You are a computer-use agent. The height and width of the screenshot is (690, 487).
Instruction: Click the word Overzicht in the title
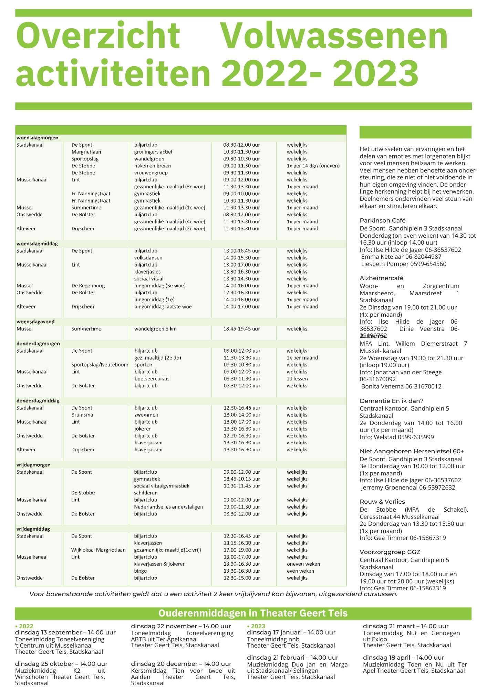click(x=97, y=36)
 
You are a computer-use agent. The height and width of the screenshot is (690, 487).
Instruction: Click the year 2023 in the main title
click(x=376, y=73)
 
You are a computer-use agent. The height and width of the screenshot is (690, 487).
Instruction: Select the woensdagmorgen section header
click(x=38, y=138)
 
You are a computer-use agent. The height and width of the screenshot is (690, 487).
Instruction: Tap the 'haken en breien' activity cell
click(x=153, y=166)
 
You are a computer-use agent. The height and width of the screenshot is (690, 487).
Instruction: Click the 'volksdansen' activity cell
click(x=148, y=258)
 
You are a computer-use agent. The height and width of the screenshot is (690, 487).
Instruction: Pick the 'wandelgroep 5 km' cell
click(x=155, y=329)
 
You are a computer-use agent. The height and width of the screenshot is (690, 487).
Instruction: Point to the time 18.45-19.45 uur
click(x=241, y=329)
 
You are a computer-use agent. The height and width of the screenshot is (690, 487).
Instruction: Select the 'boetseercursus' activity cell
click(x=152, y=378)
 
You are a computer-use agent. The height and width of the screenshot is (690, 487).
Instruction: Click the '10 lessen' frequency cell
click(x=297, y=378)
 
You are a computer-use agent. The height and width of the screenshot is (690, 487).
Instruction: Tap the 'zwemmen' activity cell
click(x=146, y=415)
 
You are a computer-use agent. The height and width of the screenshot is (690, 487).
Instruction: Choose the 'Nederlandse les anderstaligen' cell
click(x=168, y=507)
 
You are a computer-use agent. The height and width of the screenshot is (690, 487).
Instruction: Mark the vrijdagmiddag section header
click(x=33, y=529)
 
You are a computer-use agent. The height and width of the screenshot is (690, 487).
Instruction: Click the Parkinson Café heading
click(x=383, y=220)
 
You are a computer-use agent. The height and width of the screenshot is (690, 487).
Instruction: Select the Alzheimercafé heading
click(x=381, y=278)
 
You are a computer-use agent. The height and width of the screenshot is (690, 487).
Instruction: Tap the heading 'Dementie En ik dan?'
click(x=392, y=401)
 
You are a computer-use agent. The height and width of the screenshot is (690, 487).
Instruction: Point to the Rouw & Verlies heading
click(x=382, y=502)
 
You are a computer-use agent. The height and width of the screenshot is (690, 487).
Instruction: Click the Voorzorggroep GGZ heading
click(x=390, y=552)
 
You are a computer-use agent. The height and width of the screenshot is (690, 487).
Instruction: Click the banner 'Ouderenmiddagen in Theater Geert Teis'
click(x=253, y=613)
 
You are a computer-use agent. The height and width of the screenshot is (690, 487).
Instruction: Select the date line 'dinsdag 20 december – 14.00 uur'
click(x=181, y=664)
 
